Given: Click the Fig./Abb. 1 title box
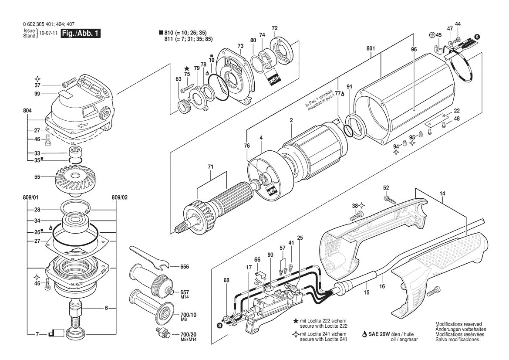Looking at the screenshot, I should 81,34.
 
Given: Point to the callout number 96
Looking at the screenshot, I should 414,50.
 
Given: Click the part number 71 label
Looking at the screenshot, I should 211,167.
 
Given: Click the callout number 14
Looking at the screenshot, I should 442,193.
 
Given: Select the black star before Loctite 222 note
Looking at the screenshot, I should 296,320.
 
